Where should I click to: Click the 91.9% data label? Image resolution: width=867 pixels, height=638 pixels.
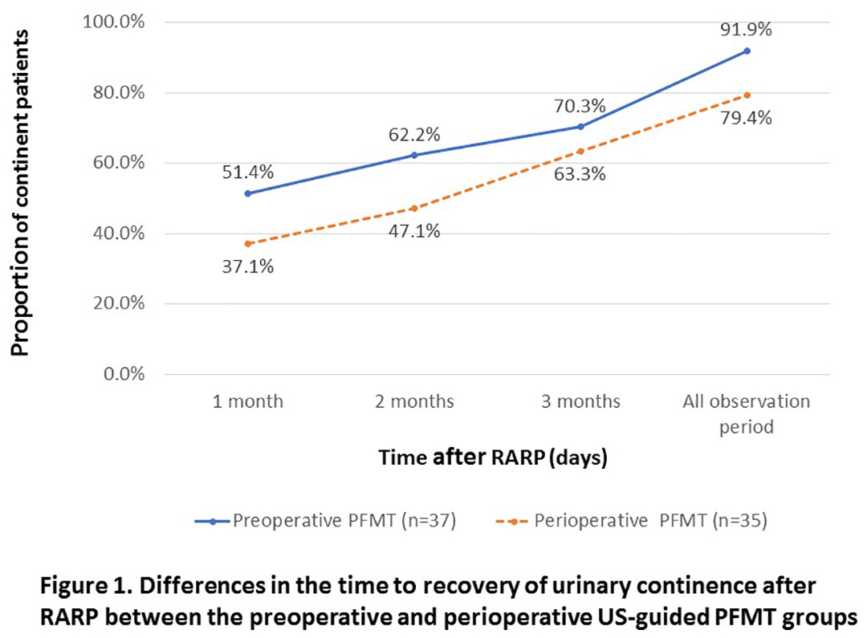[747, 30]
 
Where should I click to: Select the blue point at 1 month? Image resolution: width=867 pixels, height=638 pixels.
[248, 193]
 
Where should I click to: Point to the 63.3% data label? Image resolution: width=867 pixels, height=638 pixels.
[580, 174]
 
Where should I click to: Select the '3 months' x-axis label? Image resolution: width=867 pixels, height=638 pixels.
[580, 401]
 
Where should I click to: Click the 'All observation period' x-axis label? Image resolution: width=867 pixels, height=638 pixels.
[747, 413]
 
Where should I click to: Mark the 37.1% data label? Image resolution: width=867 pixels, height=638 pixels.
[248, 266]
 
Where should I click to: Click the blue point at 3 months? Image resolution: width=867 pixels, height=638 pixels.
[580, 127]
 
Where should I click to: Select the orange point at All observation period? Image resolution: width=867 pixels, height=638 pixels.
[747, 95]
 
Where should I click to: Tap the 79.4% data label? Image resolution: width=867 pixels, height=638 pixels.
[747, 119]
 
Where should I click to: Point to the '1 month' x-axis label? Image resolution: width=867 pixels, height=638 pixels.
[248, 401]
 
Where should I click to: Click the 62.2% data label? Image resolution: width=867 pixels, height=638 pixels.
[414, 134]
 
